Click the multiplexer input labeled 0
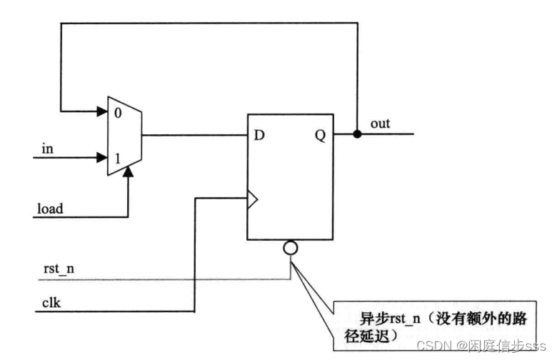click(x=116, y=112)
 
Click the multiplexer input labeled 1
click(x=116, y=155)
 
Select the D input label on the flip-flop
click(x=261, y=134)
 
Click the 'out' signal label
click(x=380, y=124)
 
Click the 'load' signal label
click(x=50, y=209)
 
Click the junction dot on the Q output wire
click(x=356, y=134)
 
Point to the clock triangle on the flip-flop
click(x=251, y=199)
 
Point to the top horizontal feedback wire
click(x=207, y=23)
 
